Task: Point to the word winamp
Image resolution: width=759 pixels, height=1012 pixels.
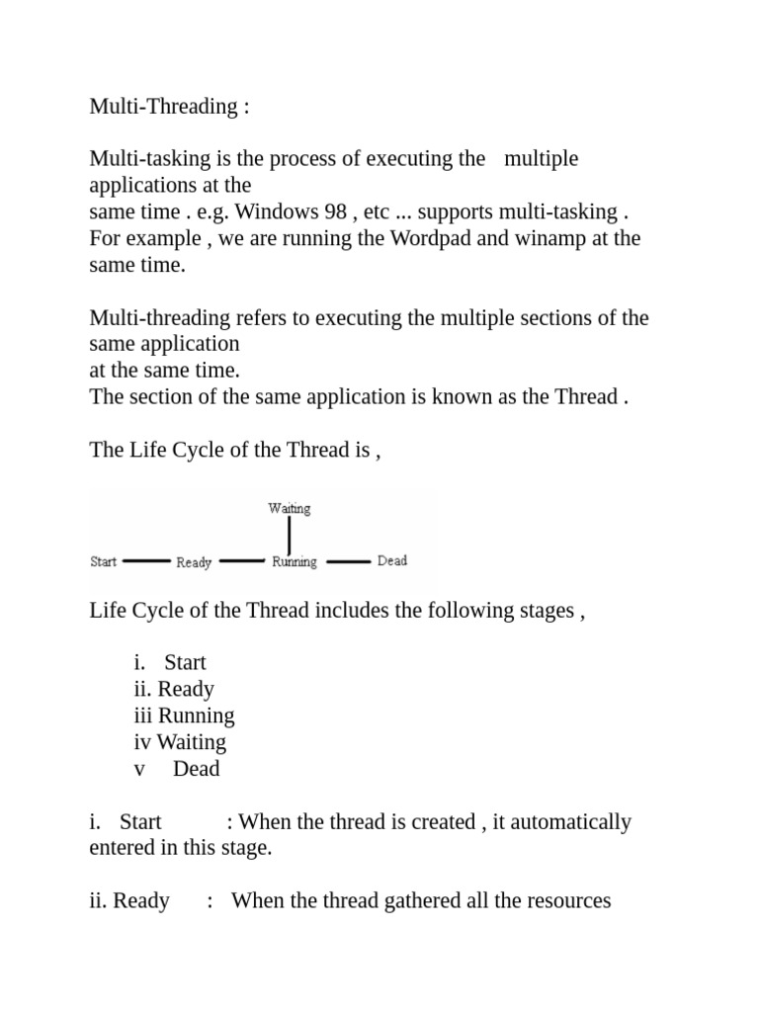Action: pos(548,238)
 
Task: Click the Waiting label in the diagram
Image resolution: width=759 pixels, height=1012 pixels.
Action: pos(289,509)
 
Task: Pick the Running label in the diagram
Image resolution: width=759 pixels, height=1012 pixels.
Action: pos(295,561)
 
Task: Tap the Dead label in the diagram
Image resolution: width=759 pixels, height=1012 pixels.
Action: pos(392,560)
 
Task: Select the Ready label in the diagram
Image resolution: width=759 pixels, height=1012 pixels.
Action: pos(194,562)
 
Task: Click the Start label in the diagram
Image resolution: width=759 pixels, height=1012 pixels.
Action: pos(103,561)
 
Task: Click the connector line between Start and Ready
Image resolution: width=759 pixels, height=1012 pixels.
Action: pos(146,560)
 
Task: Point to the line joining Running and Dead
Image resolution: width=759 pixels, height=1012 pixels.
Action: pos(348,561)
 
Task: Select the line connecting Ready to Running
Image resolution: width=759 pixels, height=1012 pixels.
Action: pos(242,560)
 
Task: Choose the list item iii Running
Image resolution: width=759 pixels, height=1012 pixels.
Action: pos(185,716)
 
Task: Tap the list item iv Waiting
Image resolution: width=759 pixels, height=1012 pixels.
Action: pos(180,742)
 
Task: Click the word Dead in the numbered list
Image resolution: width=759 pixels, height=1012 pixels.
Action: pos(196,769)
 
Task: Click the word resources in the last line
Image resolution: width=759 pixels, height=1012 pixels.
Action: pos(563,900)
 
